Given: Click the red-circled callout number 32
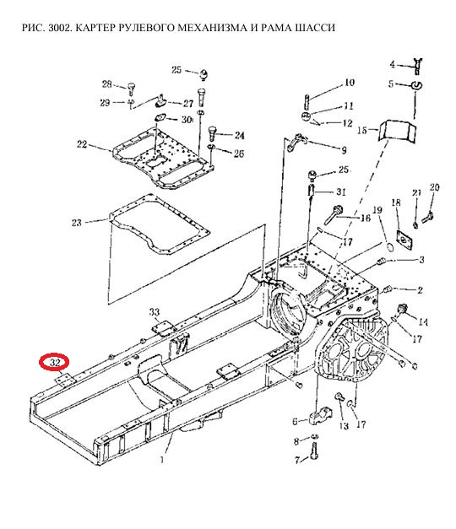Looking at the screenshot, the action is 55,363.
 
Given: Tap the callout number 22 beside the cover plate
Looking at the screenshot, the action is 82,144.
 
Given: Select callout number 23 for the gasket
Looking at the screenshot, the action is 77,223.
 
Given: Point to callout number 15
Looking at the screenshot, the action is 362,130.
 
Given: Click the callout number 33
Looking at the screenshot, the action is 155,312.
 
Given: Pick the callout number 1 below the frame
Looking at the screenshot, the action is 162,460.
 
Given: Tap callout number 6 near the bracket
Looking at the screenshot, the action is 296,421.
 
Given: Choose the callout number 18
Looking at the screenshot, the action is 396,202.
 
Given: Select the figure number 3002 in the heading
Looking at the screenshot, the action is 59,27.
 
